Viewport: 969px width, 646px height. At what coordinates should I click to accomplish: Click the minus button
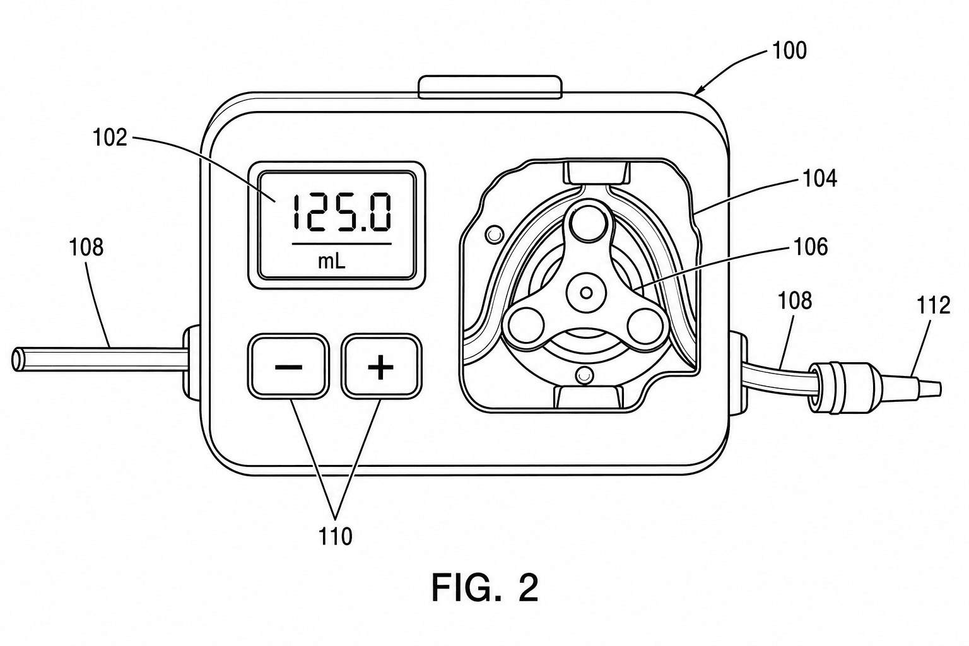288,366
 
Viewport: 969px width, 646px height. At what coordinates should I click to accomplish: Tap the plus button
381,366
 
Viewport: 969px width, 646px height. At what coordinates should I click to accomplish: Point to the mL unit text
332,261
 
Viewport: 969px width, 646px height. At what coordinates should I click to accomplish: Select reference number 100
789,50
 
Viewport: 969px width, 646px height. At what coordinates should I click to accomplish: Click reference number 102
110,138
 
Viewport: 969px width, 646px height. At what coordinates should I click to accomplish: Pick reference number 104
819,178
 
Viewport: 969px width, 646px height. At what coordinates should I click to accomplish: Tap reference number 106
811,247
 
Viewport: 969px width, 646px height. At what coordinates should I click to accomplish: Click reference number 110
335,536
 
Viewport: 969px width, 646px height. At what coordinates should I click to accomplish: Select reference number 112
934,305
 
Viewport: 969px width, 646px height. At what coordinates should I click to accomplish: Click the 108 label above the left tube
86,248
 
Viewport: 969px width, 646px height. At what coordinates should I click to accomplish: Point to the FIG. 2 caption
485,588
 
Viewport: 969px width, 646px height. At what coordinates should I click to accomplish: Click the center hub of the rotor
586,293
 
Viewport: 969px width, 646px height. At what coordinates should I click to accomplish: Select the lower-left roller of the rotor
525,324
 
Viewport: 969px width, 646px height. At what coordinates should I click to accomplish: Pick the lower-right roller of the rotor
643,324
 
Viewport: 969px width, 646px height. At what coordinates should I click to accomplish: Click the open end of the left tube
17,359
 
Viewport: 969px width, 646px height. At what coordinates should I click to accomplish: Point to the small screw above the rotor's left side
495,235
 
